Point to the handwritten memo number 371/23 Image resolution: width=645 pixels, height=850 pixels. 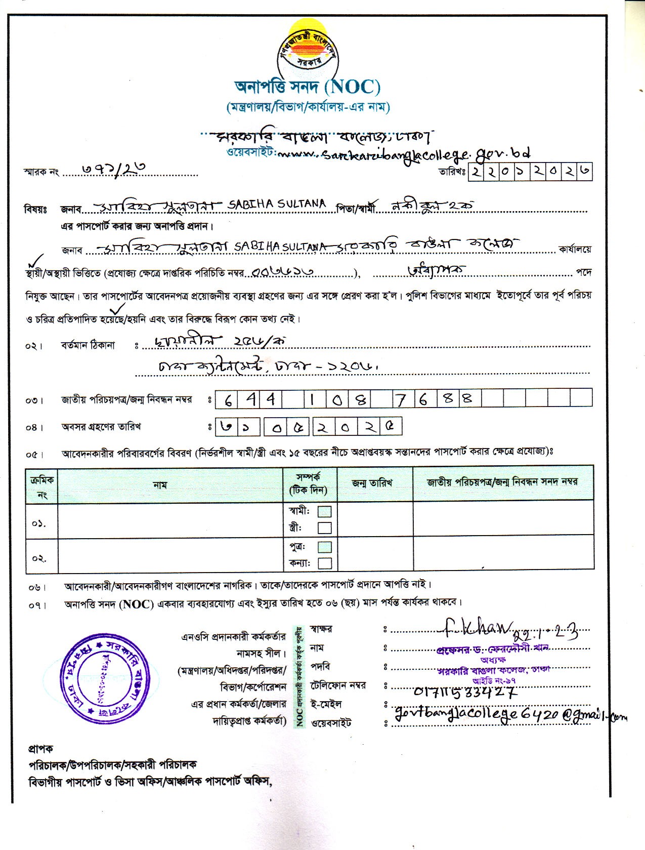click(108, 170)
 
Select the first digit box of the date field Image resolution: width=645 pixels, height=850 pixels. click(476, 172)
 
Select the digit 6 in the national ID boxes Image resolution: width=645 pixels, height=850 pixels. click(228, 399)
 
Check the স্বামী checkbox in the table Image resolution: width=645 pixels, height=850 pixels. click(324, 511)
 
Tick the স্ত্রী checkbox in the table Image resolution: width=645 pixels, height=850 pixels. click(324, 528)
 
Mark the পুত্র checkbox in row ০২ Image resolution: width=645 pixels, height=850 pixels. click(324, 547)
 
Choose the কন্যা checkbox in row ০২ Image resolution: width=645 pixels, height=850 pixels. click(324, 563)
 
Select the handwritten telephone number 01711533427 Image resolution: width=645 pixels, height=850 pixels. click(464, 691)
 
